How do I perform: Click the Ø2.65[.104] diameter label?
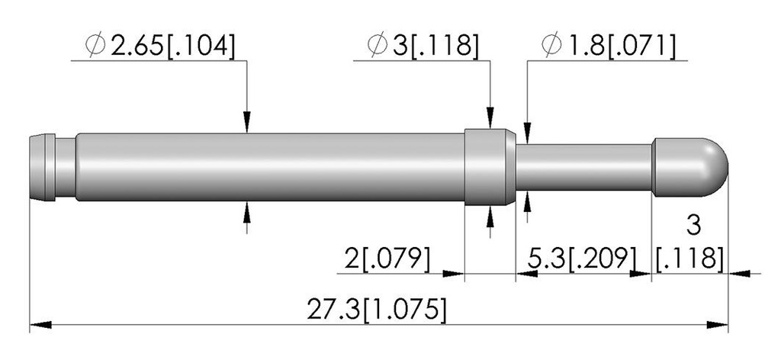159,47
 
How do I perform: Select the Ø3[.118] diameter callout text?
423,47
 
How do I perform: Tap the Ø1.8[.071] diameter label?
609,47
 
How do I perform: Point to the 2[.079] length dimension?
387,259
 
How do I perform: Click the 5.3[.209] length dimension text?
583,259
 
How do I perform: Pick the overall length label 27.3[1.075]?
376,310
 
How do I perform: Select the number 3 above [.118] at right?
693,226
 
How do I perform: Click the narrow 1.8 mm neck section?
583,167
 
